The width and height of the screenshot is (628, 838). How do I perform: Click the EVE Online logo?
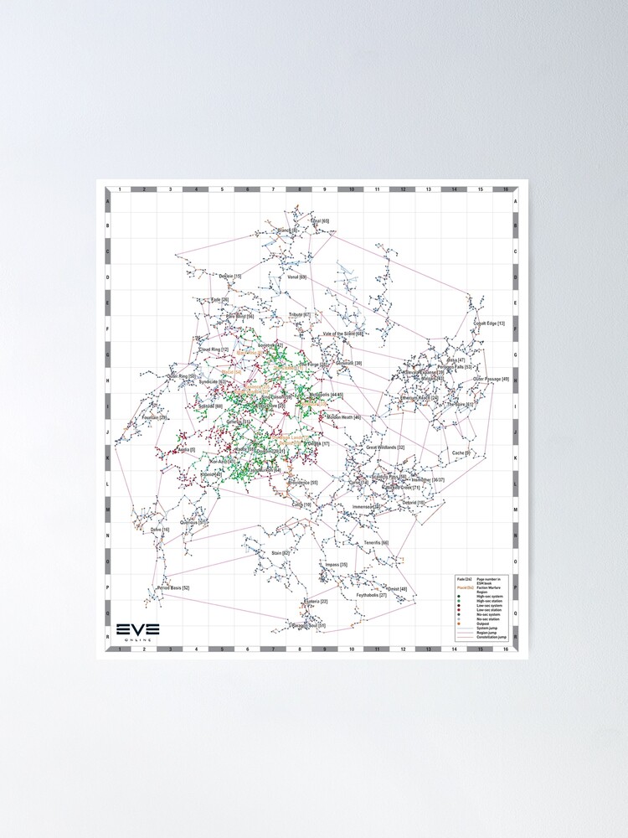coord(137,631)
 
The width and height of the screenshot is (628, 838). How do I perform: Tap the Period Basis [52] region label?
coord(173,588)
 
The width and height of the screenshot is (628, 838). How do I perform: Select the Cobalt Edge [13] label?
coord(489,323)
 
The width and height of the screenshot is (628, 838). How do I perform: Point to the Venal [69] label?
coord(297,277)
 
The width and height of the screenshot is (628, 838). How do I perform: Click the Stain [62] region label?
coord(280,553)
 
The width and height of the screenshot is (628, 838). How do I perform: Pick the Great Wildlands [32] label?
coord(385,447)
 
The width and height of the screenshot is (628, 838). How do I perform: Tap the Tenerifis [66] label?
coord(376,543)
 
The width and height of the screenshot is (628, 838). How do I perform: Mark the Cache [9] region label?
coord(461,453)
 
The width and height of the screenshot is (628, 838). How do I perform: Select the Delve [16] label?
coord(160,530)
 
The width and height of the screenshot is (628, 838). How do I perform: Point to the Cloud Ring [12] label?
coord(214,349)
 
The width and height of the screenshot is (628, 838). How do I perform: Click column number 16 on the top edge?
coord(505,190)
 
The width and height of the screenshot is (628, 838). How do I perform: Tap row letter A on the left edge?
coord(106,201)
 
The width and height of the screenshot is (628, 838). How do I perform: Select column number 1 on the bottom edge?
coord(119,649)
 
